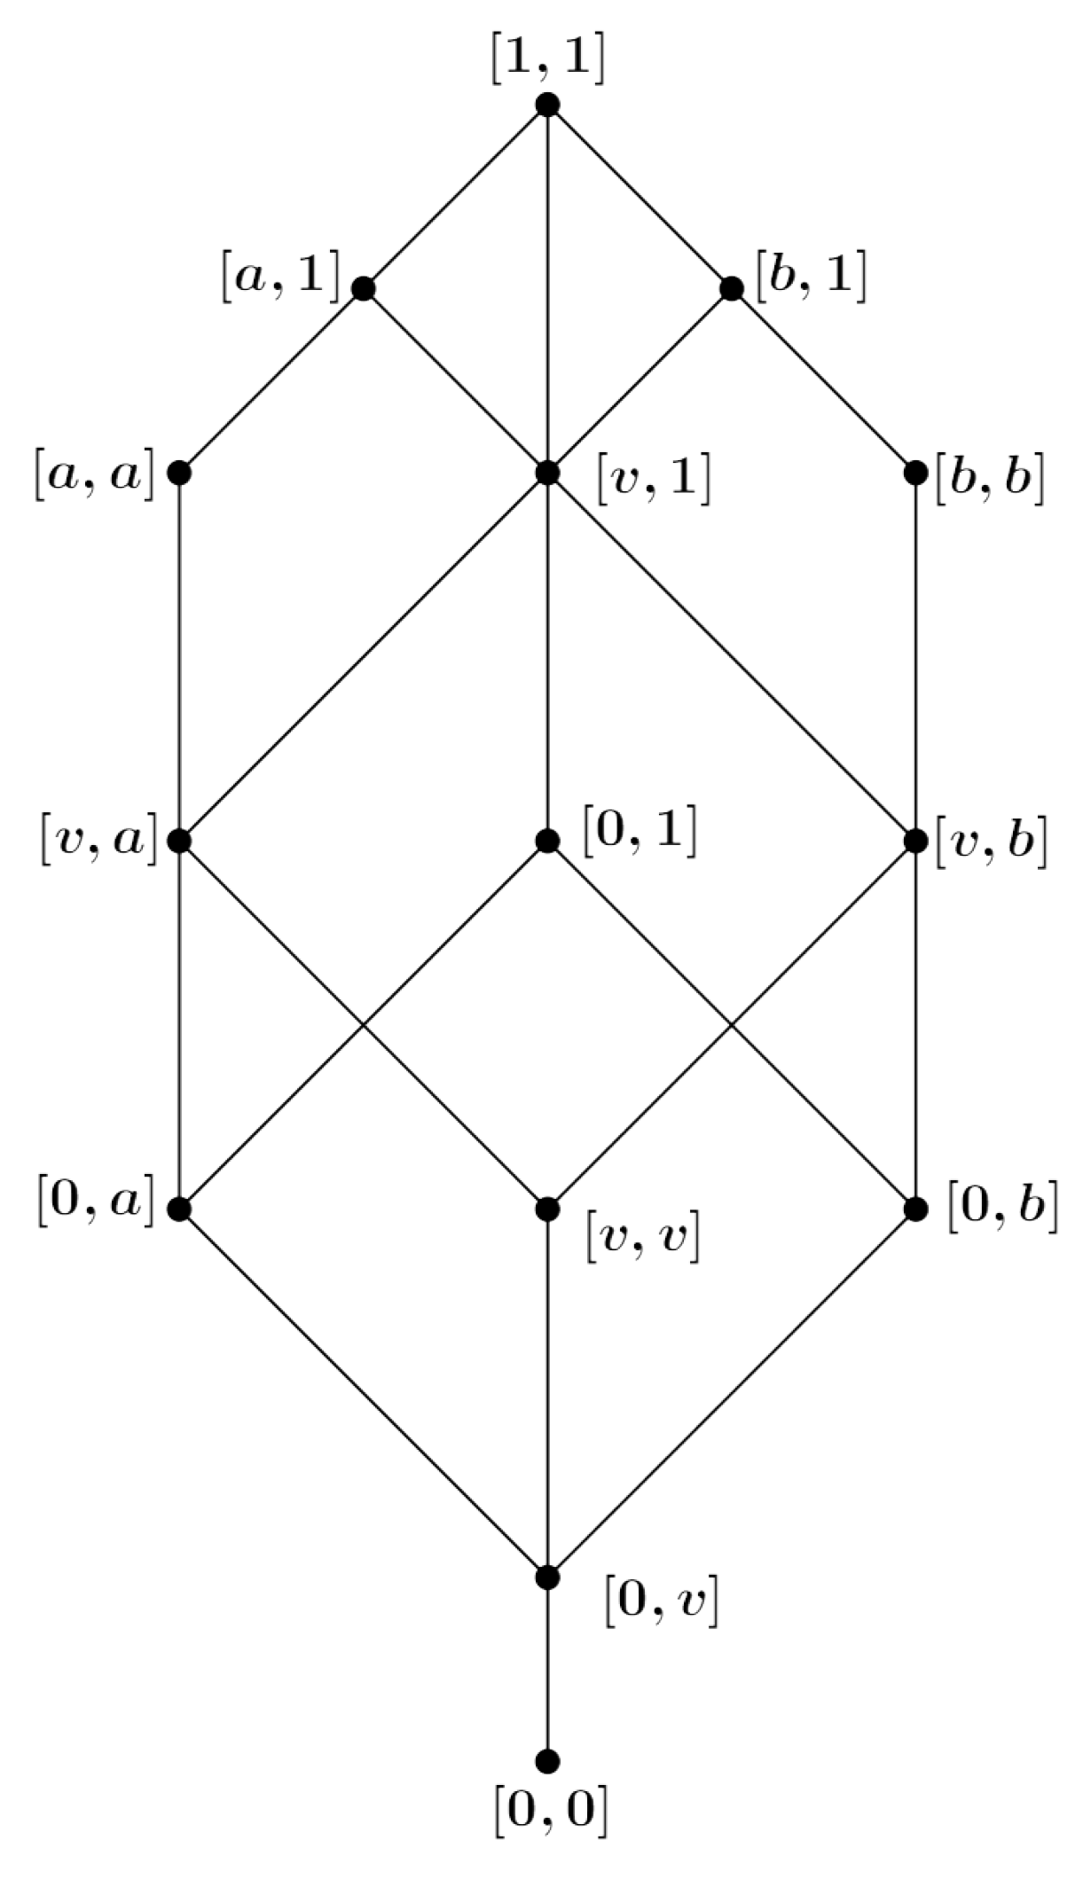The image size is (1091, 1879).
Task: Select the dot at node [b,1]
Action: click(732, 288)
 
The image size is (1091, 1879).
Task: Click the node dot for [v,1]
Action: click(547, 473)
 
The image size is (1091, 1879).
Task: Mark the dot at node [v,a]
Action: click(179, 840)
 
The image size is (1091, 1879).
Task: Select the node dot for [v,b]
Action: click(915, 840)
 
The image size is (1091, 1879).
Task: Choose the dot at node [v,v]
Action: click(547, 1209)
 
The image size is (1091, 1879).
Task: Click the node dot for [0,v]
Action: click(547, 1578)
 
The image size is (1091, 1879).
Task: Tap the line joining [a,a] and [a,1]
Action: click(271, 380)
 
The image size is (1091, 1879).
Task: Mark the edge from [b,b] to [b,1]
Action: click(823, 380)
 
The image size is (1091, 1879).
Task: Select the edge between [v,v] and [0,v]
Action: click(547, 1392)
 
